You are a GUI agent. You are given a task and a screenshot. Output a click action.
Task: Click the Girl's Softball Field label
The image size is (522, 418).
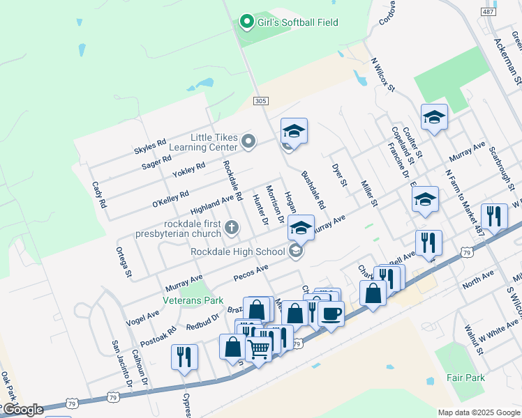(298, 22)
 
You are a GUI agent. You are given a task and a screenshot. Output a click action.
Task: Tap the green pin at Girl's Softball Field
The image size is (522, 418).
(246, 22)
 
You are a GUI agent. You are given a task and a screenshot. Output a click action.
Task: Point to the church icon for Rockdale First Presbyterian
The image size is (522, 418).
(232, 228)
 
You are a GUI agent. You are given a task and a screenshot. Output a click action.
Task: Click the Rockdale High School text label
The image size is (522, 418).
(237, 251)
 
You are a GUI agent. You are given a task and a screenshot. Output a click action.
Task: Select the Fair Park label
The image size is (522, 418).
(465, 378)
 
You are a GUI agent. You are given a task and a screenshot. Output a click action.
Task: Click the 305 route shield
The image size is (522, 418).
(260, 101)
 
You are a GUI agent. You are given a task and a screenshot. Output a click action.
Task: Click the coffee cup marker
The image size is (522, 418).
(331, 313)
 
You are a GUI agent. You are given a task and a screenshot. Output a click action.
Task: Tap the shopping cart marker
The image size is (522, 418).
(259, 348)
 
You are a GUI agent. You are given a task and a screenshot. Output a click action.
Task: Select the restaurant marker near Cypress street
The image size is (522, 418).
(184, 357)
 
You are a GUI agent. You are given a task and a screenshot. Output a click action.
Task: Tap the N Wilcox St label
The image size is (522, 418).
(383, 75)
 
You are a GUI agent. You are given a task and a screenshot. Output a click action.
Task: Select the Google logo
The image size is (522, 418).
(23, 410)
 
